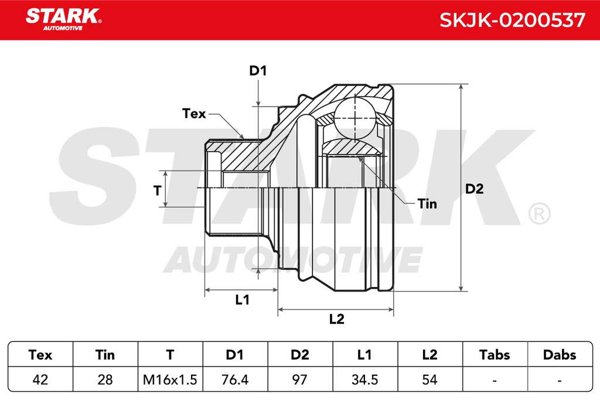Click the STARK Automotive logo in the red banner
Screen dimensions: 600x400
(x=63, y=19)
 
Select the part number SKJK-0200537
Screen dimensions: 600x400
(x=512, y=20)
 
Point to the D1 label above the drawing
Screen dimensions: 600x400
(x=258, y=71)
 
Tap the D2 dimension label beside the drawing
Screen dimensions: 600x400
(x=475, y=189)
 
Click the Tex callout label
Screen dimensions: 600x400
(x=194, y=114)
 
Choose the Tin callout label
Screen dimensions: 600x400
(x=427, y=204)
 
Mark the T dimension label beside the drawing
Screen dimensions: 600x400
(x=157, y=190)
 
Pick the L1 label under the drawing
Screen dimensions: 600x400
(x=242, y=300)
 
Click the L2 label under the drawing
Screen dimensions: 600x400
(x=337, y=319)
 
